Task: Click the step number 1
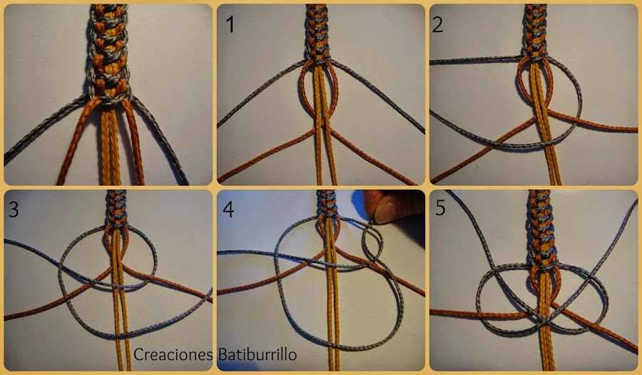click(x=230, y=24)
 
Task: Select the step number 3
click(x=14, y=209)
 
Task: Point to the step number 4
click(x=228, y=209)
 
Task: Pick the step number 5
click(x=440, y=208)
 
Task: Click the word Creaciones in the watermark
click(x=173, y=354)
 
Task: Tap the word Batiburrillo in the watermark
click(x=258, y=354)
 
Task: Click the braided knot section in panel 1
click(x=317, y=33)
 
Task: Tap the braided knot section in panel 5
click(x=542, y=229)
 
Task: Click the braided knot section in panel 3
click(x=117, y=208)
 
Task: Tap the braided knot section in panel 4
click(x=327, y=204)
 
